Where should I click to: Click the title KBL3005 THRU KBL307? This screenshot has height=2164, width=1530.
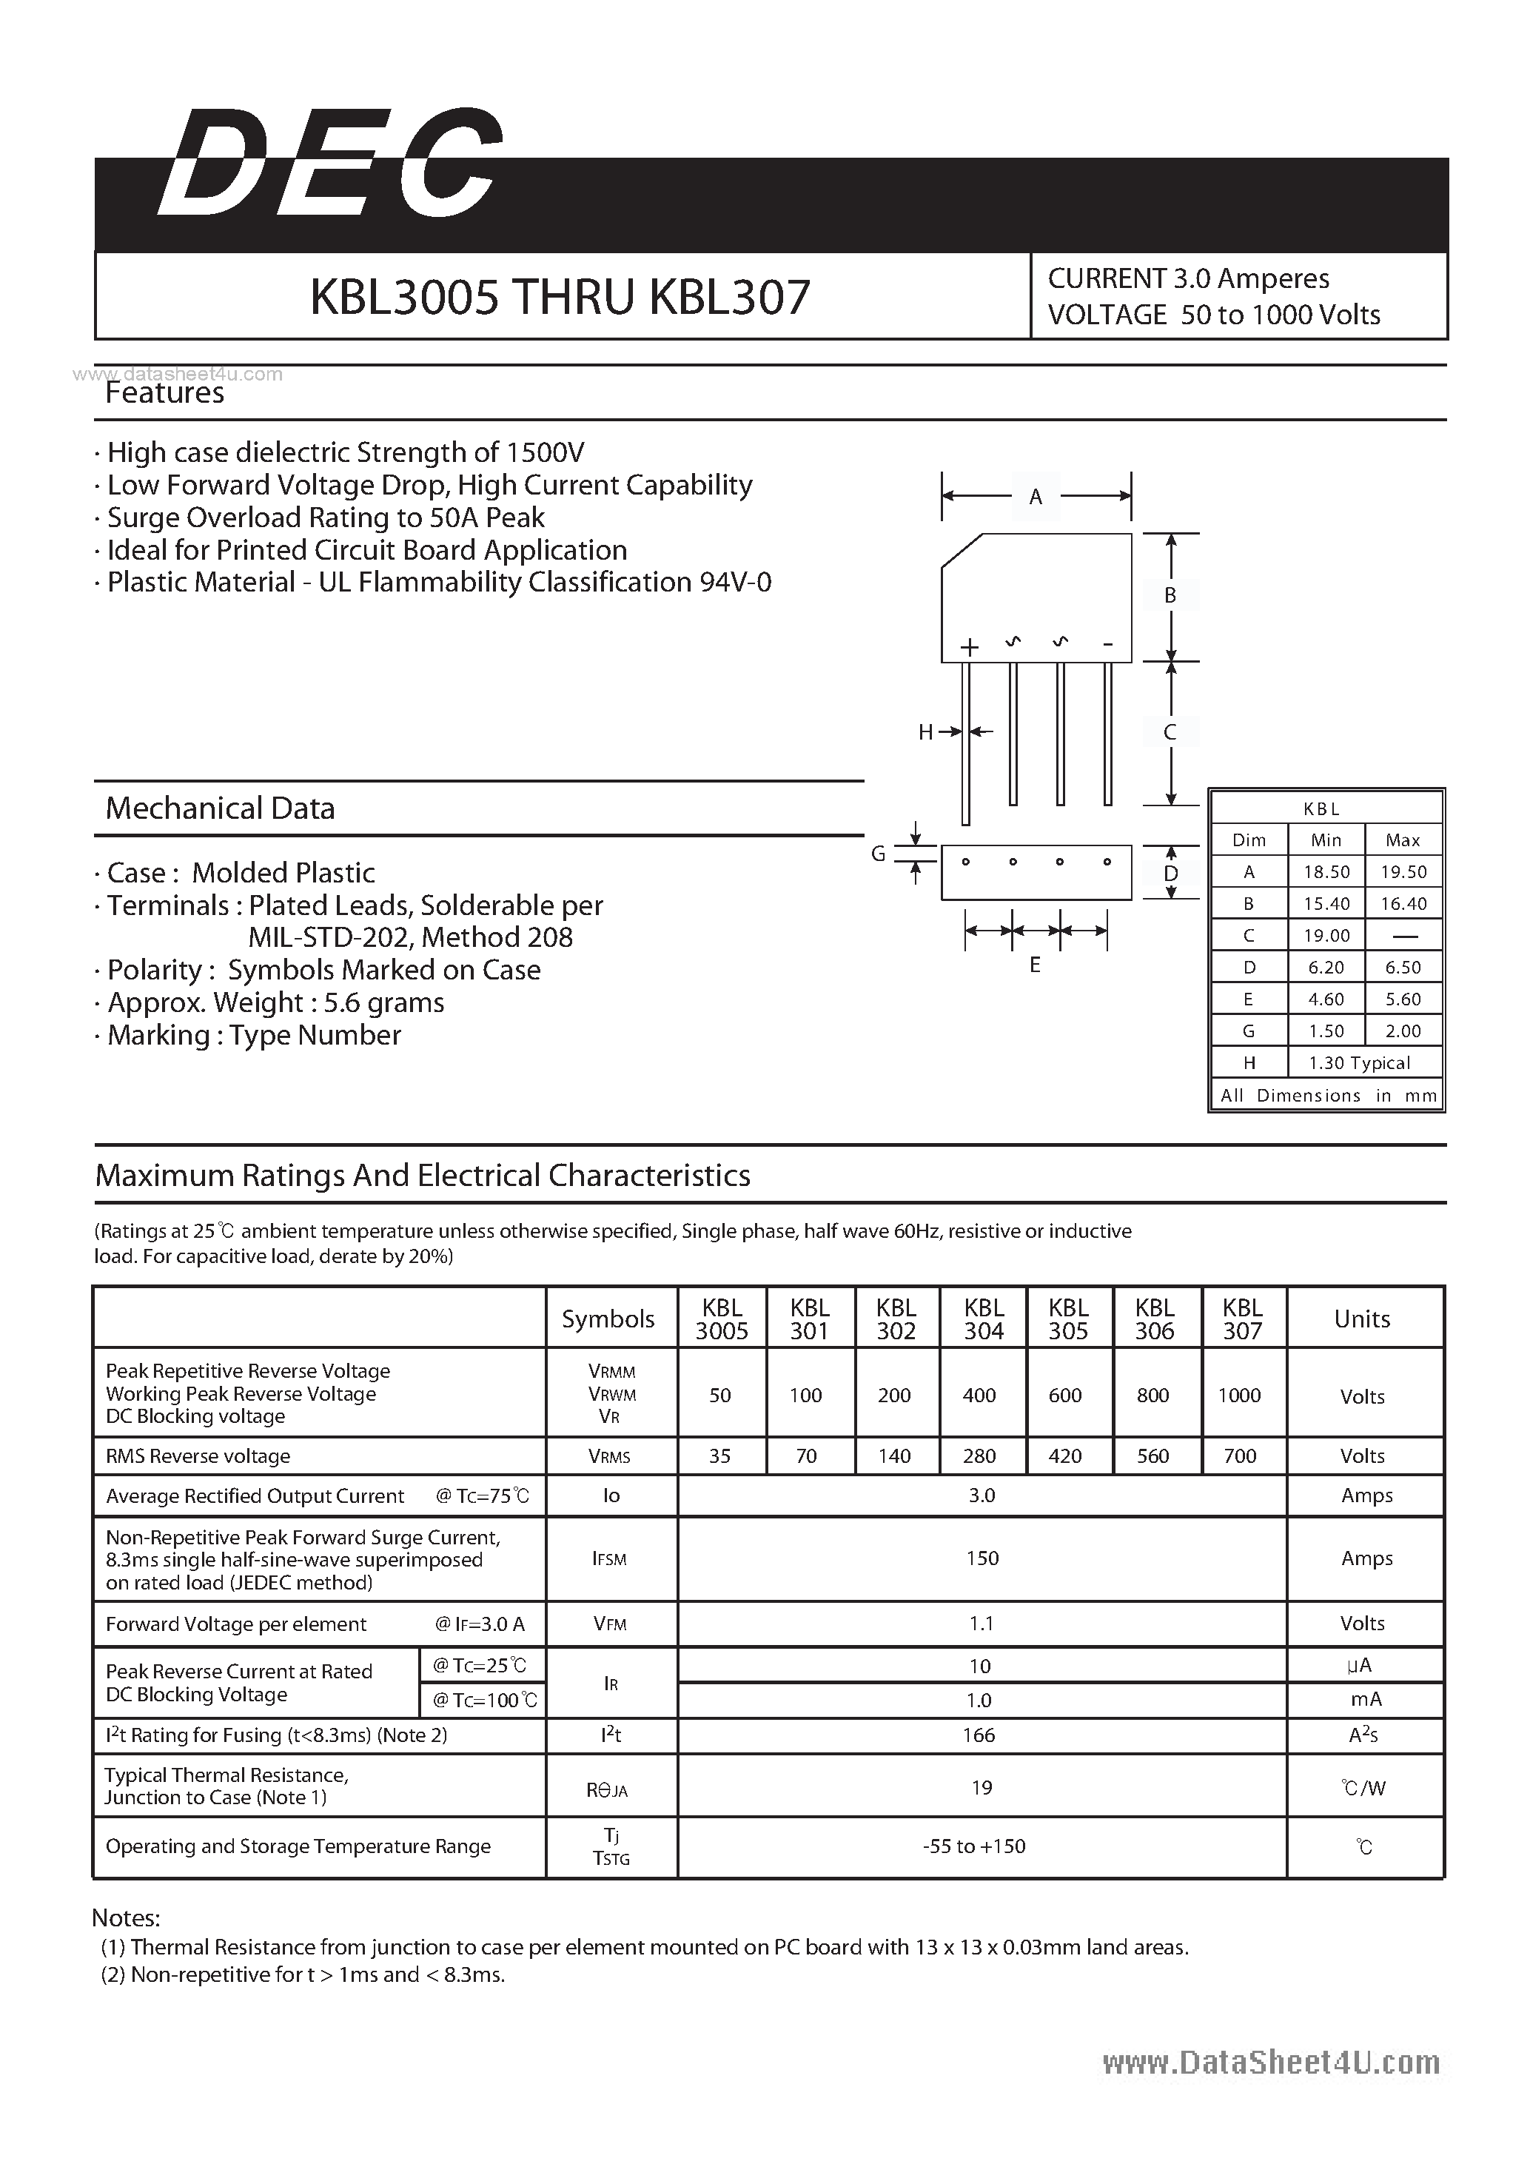click(x=560, y=297)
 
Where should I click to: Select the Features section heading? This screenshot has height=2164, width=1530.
click(x=165, y=392)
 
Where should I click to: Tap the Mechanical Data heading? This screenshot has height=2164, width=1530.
click(x=221, y=808)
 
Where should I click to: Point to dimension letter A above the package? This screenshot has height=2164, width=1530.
click(x=1036, y=497)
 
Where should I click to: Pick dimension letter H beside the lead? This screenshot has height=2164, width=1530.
click(x=925, y=732)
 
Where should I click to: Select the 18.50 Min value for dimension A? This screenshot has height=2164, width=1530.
click(x=1326, y=872)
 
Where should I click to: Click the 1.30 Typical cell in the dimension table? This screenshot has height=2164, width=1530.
click(x=1360, y=1063)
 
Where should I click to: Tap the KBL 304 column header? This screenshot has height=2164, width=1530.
click(x=984, y=1319)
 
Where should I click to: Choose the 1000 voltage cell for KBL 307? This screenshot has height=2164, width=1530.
click(x=1239, y=1395)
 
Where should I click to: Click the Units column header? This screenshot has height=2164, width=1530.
click(x=1362, y=1319)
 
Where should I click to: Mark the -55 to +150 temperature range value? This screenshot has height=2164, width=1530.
click(x=974, y=1846)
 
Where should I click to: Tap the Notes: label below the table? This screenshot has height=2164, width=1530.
click(x=127, y=1918)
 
